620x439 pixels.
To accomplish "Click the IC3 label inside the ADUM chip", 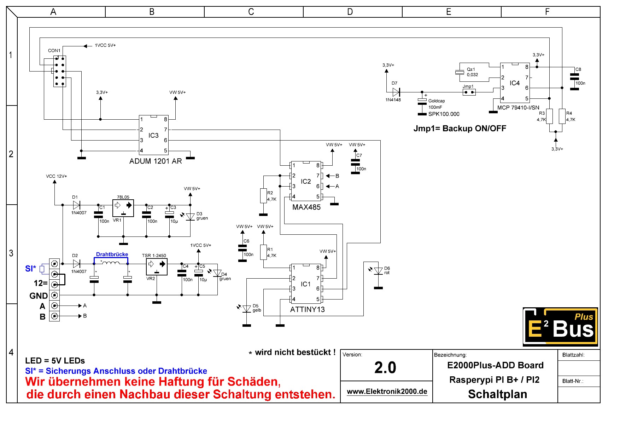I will (x=153, y=135).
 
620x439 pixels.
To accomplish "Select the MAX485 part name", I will (x=306, y=207).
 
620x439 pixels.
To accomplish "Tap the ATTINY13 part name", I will (x=307, y=309).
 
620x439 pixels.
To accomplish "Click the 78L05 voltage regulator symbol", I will (x=123, y=208).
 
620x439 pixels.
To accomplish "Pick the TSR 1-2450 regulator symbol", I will (x=157, y=267).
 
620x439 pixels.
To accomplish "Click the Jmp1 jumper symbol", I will (x=469, y=92).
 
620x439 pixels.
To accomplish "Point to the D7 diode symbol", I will (x=396, y=92).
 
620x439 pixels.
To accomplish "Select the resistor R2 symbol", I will (x=263, y=196).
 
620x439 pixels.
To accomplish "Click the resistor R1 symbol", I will (x=263, y=252).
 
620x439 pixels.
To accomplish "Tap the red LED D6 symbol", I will (x=378, y=271).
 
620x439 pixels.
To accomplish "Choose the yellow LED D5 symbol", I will (x=247, y=309).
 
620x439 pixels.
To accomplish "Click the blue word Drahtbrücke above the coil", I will (x=112, y=254).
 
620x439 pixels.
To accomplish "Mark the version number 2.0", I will (x=385, y=367).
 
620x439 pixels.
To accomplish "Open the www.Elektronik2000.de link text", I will (x=387, y=392).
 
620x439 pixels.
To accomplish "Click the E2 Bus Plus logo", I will (x=560, y=327).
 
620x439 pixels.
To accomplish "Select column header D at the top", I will (x=350, y=12).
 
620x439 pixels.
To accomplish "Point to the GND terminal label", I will (x=39, y=296).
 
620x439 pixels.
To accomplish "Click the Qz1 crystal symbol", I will (x=460, y=72).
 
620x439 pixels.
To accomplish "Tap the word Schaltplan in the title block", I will (x=497, y=394).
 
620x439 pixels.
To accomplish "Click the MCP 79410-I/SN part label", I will (x=518, y=108).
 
